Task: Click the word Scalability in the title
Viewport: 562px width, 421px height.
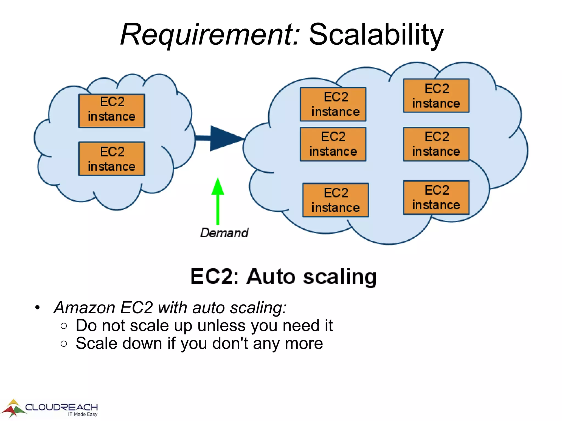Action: click(x=376, y=35)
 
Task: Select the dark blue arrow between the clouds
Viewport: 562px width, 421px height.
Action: click(x=220, y=138)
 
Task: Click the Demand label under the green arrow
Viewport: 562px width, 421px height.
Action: click(x=224, y=233)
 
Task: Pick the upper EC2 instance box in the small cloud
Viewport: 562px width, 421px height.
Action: click(x=111, y=111)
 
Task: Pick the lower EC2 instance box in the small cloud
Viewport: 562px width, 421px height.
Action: click(x=111, y=159)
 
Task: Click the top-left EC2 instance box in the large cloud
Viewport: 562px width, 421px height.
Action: click(x=333, y=104)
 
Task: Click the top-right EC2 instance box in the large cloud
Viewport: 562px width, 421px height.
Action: click(x=436, y=96)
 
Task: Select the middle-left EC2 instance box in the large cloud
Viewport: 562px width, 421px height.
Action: click(x=333, y=144)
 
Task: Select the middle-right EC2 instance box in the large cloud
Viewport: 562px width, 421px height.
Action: click(x=436, y=144)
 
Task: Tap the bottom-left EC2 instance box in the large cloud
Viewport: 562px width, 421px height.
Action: click(x=335, y=200)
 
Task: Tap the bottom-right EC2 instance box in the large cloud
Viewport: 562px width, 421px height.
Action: click(x=436, y=198)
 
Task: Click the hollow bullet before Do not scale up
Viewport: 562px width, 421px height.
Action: click(x=64, y=326)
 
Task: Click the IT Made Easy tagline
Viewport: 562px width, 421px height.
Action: click(x=83, y=414)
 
